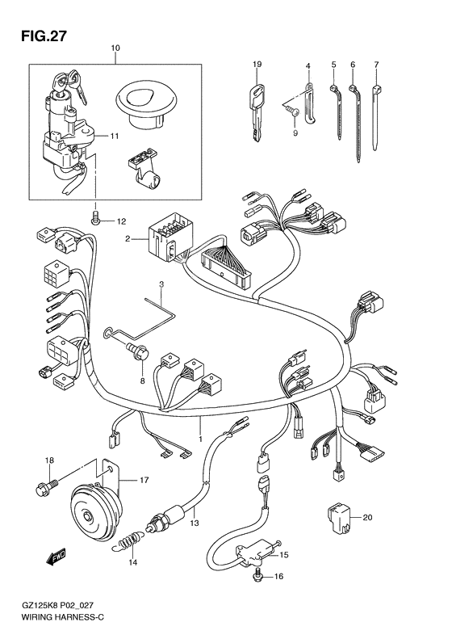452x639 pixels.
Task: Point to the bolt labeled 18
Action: (x=43, y=487)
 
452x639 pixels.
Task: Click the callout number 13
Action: (x=194, y=523)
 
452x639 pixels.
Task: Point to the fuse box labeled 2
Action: (x=169, y=233)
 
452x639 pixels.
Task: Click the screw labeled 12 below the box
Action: (x=95, y=217)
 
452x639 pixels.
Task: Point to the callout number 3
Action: (x=161, y=285)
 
